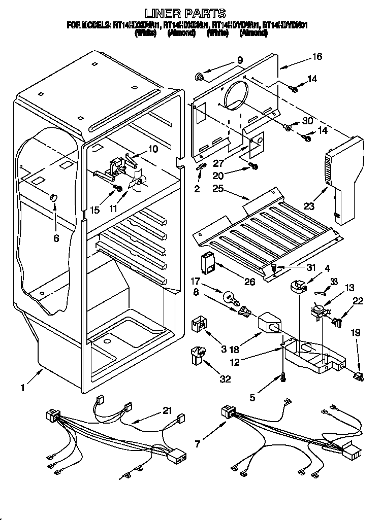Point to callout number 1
click(23, 388)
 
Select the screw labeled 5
click(281, 377)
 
